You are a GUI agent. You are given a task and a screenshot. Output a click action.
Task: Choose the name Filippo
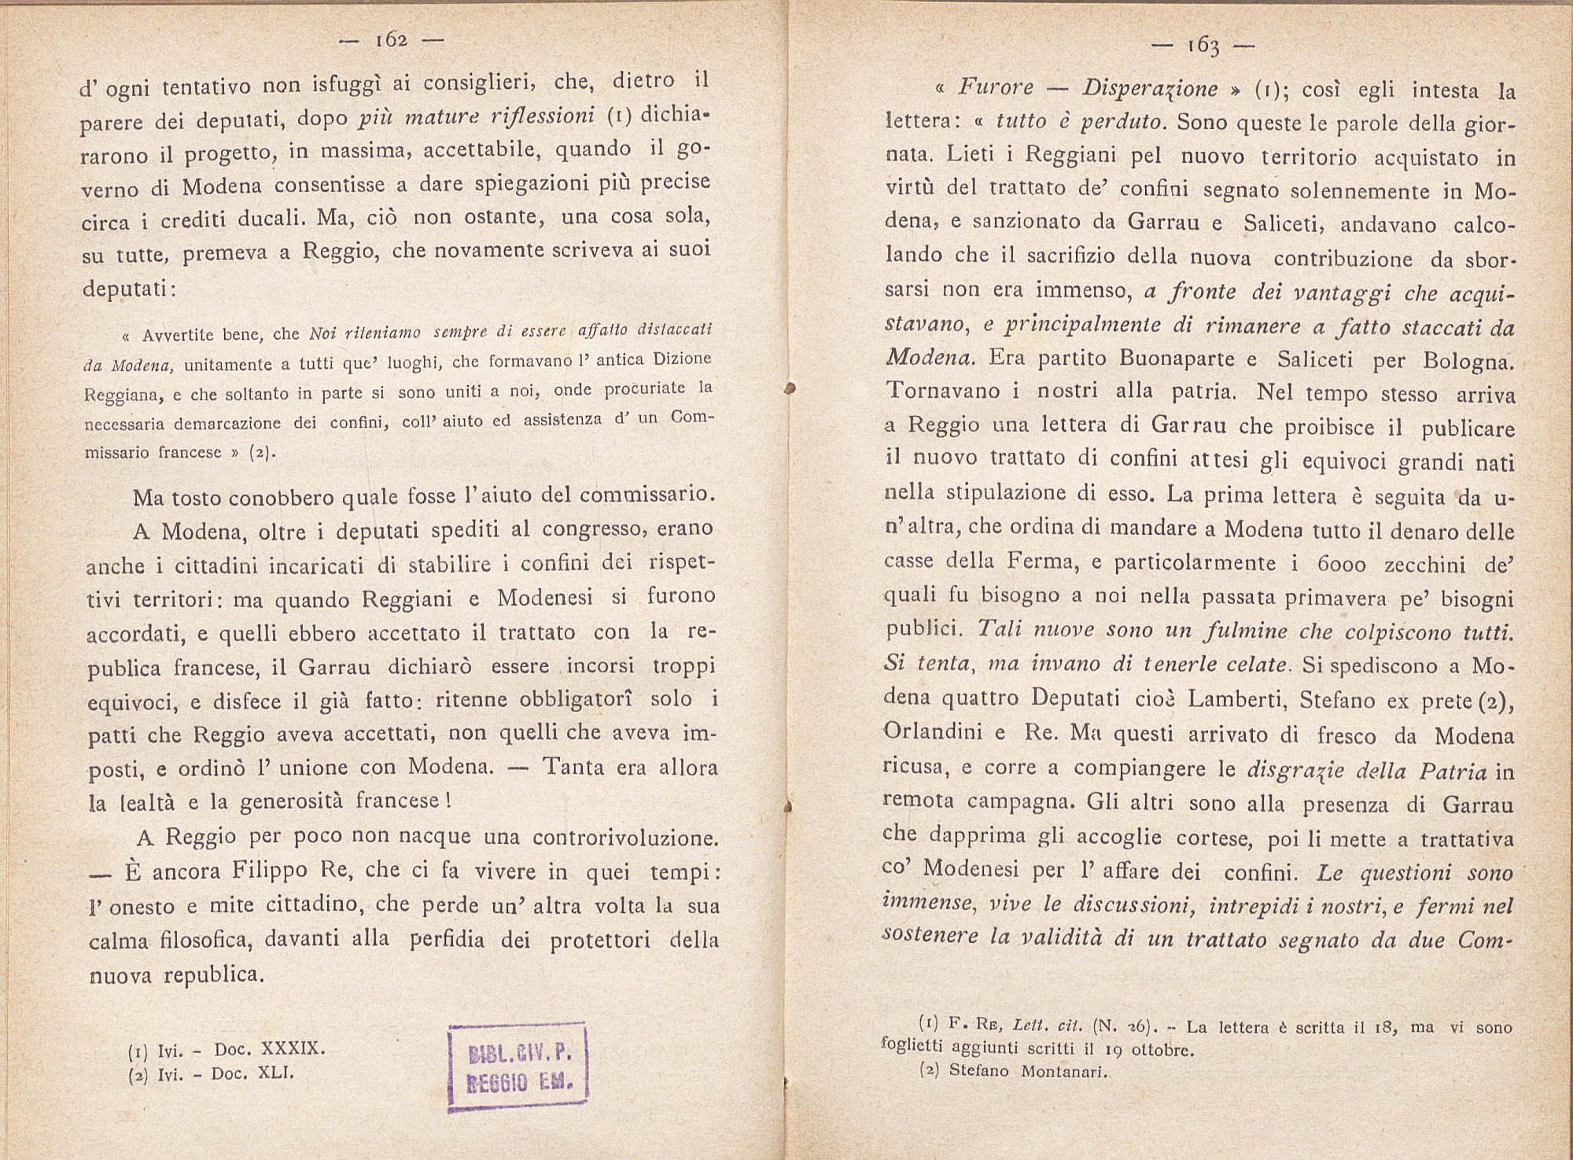tap(273, 872)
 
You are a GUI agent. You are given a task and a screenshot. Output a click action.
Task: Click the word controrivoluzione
tap(625, 838)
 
